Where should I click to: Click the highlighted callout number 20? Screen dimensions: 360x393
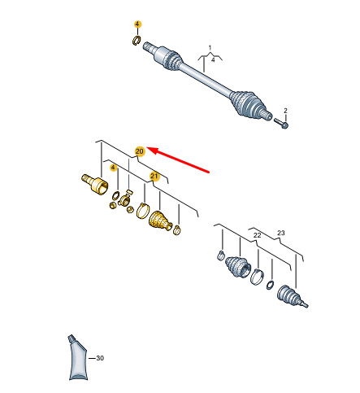[x=140, y=151]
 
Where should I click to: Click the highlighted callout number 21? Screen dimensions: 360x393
[x=154, y=177]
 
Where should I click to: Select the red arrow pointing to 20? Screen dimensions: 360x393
[x=178, y=159]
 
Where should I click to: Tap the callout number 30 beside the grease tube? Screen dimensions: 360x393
[x=100, y=358]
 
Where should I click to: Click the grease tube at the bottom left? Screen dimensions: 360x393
[x=78, y=357]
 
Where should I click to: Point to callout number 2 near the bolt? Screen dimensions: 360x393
[x=285, y=111]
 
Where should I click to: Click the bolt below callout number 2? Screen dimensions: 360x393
[x=281, y=123]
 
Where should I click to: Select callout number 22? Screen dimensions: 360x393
[x=257, y=235]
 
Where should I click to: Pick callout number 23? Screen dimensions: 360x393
[x=281, y=233]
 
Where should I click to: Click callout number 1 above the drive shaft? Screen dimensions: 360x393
[x=210, y=48]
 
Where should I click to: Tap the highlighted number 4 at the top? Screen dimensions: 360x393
[x=137, y=24]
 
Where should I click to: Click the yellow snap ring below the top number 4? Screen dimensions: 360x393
[x=137, y=40]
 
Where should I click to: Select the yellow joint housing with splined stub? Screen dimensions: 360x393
[x=95, y=184]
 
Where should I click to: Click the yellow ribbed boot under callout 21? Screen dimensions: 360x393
[x=160, y=221]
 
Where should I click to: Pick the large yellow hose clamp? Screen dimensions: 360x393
[x=143, y=210]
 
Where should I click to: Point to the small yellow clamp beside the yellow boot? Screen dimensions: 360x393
[x=177, y=230]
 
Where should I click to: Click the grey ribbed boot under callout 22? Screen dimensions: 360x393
[x=237, y=267]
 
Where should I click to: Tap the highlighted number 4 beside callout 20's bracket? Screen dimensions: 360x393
[x=113, y=168]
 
